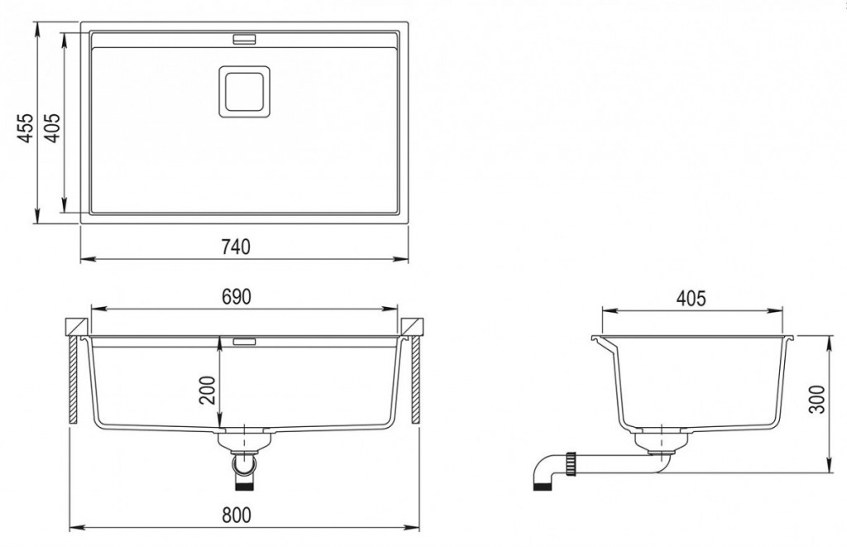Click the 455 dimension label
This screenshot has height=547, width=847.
point(24,128)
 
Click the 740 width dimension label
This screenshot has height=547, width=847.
point(236,247)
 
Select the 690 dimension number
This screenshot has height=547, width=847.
point(237,296)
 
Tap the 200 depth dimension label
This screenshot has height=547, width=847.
point(208,390)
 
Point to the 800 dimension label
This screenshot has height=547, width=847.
point(237,515)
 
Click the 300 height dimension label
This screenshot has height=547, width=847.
point(818,400)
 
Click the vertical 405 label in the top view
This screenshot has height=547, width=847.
point(52,128)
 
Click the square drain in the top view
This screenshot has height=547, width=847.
point(244,91)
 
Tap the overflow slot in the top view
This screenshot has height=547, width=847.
point(245,39)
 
